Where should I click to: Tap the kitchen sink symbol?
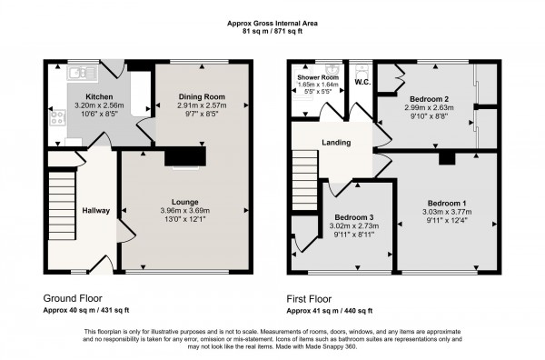83,73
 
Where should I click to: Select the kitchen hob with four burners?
57,117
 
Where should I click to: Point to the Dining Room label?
202,96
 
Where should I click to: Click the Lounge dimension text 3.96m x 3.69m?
185,210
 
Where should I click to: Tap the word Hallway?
96,210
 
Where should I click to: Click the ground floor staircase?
62,205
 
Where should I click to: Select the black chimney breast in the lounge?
185,156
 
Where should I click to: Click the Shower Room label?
318,77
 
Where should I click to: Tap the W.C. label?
362,83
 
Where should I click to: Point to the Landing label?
336,142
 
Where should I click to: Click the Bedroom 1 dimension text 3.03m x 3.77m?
447,212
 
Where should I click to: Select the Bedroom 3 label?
354,217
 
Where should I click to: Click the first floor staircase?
305,180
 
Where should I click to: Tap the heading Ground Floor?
73,298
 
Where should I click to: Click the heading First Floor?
309,299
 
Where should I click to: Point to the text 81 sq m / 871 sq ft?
272,31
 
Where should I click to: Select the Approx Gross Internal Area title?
272,24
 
